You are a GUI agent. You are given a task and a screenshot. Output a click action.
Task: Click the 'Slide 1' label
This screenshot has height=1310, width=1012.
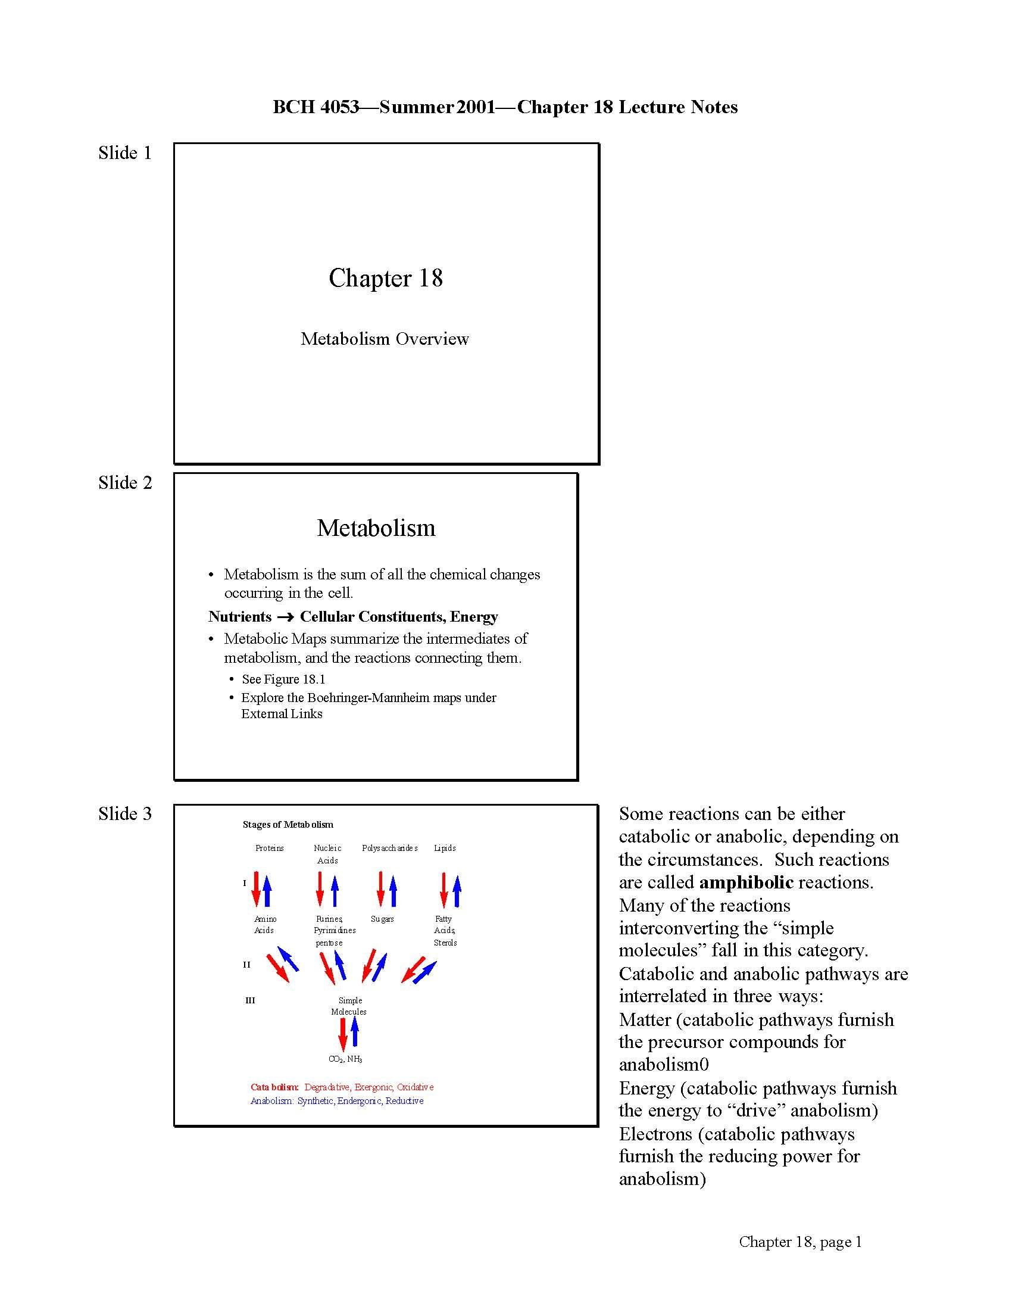[x=124, y=153]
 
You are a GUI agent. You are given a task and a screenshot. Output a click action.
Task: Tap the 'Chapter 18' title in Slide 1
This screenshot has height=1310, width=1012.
[x=386, y=278]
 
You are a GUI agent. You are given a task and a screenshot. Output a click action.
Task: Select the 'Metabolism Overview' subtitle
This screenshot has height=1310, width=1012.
[x=385, y=339]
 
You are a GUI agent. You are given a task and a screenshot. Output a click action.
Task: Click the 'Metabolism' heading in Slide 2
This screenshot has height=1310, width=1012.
[x=376, y=528]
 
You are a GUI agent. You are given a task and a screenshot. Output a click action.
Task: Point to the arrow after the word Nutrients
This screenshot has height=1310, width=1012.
[x=285, y=617]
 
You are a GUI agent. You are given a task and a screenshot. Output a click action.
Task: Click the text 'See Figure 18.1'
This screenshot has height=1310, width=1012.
[x=283, y=679]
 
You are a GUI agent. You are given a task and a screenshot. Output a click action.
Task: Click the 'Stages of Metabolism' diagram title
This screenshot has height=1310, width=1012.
[x=288, y=824]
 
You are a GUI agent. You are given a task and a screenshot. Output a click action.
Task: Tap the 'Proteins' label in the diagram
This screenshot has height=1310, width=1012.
[x=269, y=848]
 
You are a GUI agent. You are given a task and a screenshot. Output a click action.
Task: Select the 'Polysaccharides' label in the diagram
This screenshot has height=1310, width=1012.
[x=390, y=848]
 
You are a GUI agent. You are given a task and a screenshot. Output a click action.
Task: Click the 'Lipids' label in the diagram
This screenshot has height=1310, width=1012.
[x=445, y=848]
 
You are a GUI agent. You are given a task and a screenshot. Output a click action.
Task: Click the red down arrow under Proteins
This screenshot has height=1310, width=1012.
[x=256, y=889]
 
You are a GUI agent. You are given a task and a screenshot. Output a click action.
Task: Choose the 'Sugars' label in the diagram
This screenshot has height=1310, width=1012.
[x=382, y=919]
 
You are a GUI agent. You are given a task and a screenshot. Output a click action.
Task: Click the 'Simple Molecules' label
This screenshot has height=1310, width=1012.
[x=349, y=1006]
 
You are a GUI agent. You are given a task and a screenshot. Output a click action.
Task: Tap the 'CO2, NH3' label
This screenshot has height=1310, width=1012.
[x=345, y=1059]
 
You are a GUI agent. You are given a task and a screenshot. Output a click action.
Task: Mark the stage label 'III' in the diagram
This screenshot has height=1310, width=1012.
[x=250, y=1000]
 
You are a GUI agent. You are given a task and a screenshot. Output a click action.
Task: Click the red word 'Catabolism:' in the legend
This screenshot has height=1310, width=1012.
[x=274, y=1087]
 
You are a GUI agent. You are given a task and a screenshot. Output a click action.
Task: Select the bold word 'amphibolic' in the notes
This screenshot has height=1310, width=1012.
[x=746, y=882]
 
